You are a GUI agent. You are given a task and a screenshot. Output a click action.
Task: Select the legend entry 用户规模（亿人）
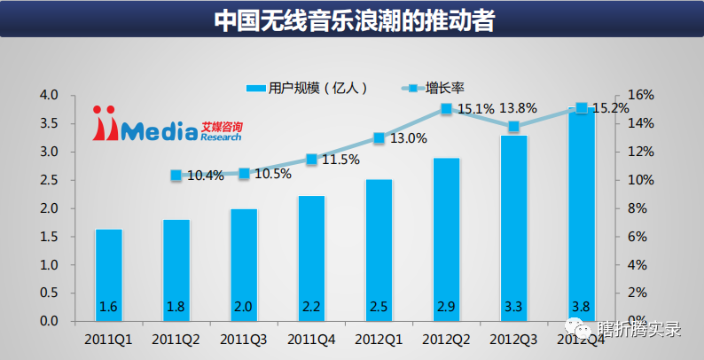(x=306, y=87)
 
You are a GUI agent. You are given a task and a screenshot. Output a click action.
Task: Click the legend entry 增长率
(x=434, y=87)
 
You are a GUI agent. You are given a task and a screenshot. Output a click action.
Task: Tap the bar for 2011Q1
(x=108, y=275)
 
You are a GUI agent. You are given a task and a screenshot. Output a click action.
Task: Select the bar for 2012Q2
(x=446, y=239)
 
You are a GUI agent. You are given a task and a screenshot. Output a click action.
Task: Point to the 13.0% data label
(x=409, y=138)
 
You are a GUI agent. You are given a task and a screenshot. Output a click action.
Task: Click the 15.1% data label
(x=476, y=109)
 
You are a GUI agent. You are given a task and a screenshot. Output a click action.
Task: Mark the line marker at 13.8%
(x=513, y=127)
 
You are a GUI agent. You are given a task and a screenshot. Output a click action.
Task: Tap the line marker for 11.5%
(x=311, y=160)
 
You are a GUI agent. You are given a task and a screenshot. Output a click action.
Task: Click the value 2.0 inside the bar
(x=244, y=306)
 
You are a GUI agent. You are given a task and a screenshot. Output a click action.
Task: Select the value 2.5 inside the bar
(x=379, y=306)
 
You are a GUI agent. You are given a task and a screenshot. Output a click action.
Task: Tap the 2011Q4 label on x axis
(x=311, y=338)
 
